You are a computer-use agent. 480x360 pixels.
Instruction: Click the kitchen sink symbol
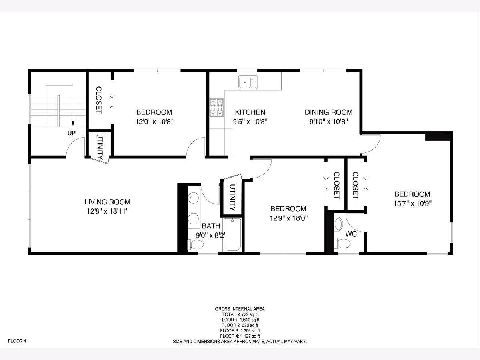click(248, 82)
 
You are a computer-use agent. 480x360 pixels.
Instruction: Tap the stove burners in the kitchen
click(217, 107)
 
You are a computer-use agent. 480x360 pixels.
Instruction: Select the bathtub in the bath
click(232, 234)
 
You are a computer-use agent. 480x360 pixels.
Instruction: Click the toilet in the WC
click(342, 244)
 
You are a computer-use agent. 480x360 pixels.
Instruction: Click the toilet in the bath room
click(196, 244)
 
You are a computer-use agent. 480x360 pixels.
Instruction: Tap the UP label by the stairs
click(72, 133)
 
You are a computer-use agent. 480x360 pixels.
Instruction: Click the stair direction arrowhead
click(73, 124)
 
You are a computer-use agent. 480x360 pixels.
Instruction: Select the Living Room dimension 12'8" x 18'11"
click(107, 211)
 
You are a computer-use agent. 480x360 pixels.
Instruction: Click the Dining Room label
click(328, 112)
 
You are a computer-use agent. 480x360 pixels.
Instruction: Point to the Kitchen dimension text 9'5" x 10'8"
click(250, 122)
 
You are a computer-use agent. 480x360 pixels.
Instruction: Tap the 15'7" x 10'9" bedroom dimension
click(412, 204)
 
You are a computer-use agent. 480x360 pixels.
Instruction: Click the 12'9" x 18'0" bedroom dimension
click(289, 218)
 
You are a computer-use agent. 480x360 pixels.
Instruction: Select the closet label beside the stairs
click(99, 100)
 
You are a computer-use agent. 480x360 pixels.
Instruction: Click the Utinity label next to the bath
click(232, 198)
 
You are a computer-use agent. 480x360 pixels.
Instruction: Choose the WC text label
click(351, 234)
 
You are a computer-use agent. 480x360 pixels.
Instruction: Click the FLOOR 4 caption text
click(17, 341)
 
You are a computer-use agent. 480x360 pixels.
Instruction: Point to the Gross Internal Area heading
click(240, 309)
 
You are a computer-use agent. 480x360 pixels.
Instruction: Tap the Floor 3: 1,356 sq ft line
click(240, 331)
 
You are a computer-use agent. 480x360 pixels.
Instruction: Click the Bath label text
click(211, 226)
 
